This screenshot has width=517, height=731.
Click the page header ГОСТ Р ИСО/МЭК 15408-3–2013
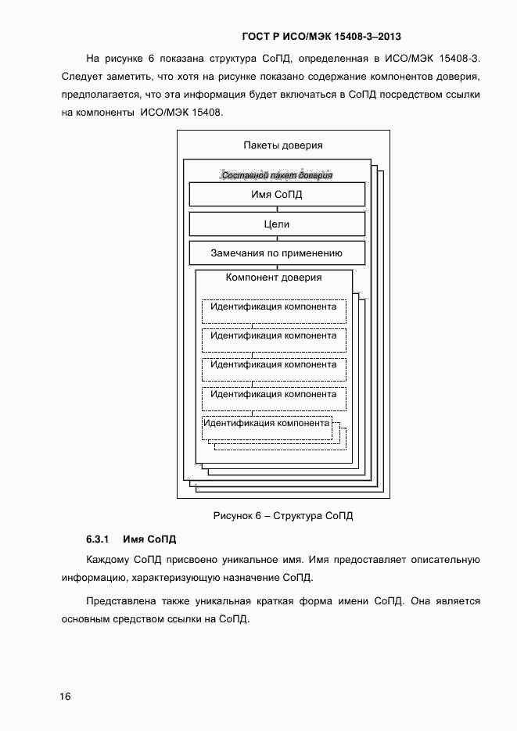point(321,36)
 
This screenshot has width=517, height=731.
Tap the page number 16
point(65,696)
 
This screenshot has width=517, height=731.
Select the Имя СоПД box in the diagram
point(277,195)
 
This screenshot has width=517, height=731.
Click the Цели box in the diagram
point(277,224)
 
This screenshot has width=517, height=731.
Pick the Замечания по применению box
point(277,253)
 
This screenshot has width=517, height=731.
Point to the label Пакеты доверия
point(282,145)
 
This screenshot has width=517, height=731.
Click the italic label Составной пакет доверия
point(277,175)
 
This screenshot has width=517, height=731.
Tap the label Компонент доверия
point(274,278)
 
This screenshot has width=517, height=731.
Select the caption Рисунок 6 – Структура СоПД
point(283,516)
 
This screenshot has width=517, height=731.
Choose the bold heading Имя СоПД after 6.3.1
point(149,539)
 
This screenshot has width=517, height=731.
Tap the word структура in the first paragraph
point(244,59)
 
